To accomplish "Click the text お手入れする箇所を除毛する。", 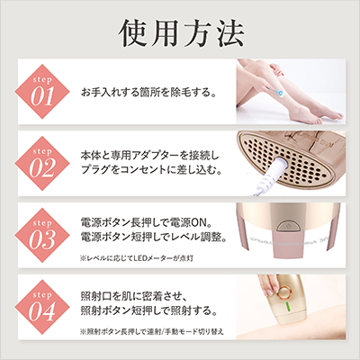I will [x=157, y=93].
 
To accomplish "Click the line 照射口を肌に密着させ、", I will [x=144, y=295].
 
